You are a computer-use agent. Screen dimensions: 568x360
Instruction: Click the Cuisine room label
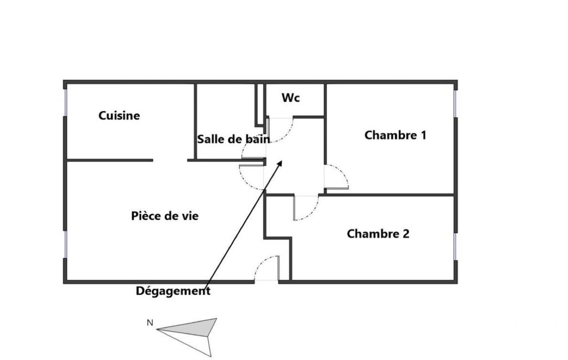(119, 116)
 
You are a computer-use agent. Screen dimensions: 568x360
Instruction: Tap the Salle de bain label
(234, 139)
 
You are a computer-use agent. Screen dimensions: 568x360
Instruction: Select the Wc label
(290, 97)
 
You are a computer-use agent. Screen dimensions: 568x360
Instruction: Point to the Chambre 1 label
(395, 135)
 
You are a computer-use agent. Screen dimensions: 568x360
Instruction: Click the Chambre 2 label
(378, 234)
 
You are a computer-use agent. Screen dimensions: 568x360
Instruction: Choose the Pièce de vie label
(165, 216)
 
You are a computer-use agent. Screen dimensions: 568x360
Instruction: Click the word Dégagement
(173, 291)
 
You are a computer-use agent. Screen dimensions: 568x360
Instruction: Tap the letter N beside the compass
(150, 323)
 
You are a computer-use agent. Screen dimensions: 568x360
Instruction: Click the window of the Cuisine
(65, 102)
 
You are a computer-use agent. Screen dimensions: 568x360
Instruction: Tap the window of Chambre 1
(456, 104)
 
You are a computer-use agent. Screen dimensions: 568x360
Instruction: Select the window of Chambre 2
(456, 246)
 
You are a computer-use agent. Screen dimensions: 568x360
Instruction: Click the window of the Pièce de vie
(65, 244)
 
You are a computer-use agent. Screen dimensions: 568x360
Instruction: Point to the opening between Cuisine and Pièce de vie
(170, 160)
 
